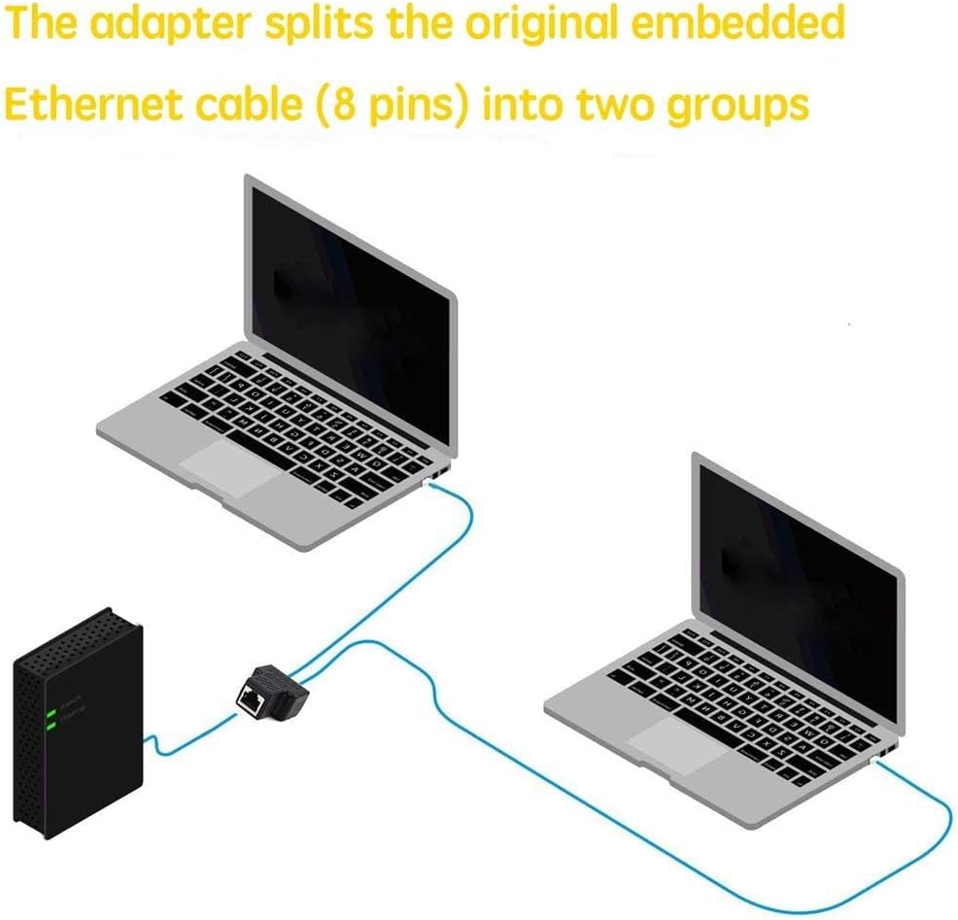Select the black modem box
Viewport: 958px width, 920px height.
[78, 719]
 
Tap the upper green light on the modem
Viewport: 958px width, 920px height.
[50, 714]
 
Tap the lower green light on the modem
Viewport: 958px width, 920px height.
[50, 725]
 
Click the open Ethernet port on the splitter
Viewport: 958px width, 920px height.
[252, 699]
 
